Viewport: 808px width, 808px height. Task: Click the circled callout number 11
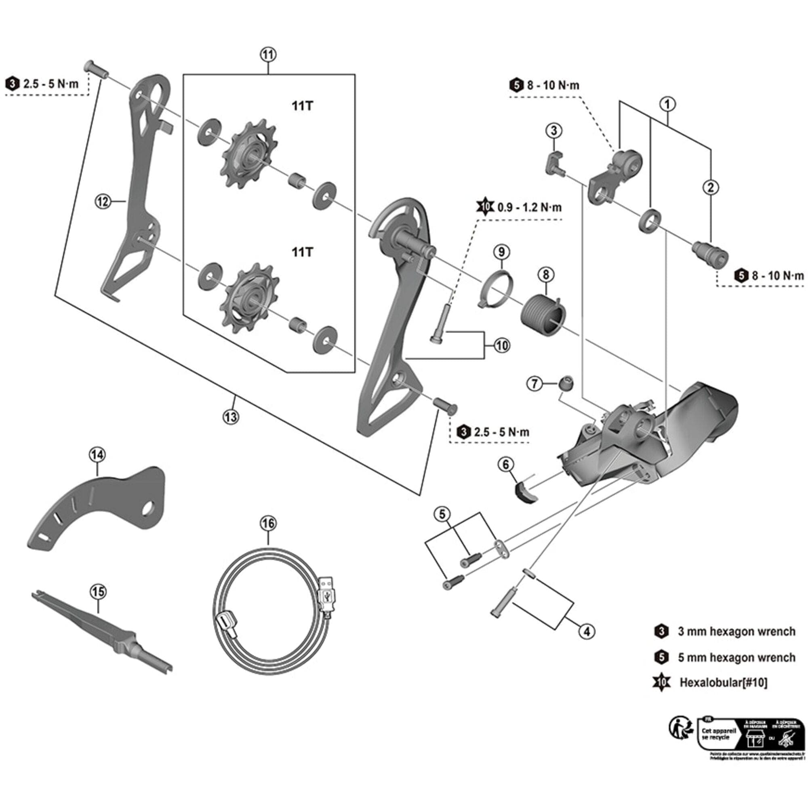click(268, 55)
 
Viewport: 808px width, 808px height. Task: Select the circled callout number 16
click(268, 523)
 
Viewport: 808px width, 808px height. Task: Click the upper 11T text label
click(302, 106)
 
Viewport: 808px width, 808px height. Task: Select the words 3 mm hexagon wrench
click(736, 631)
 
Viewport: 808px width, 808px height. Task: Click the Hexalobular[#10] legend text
click(724, 682)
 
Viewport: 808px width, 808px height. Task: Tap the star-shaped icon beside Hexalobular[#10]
click(662, 682)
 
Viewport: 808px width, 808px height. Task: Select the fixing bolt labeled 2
click(709, 252)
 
